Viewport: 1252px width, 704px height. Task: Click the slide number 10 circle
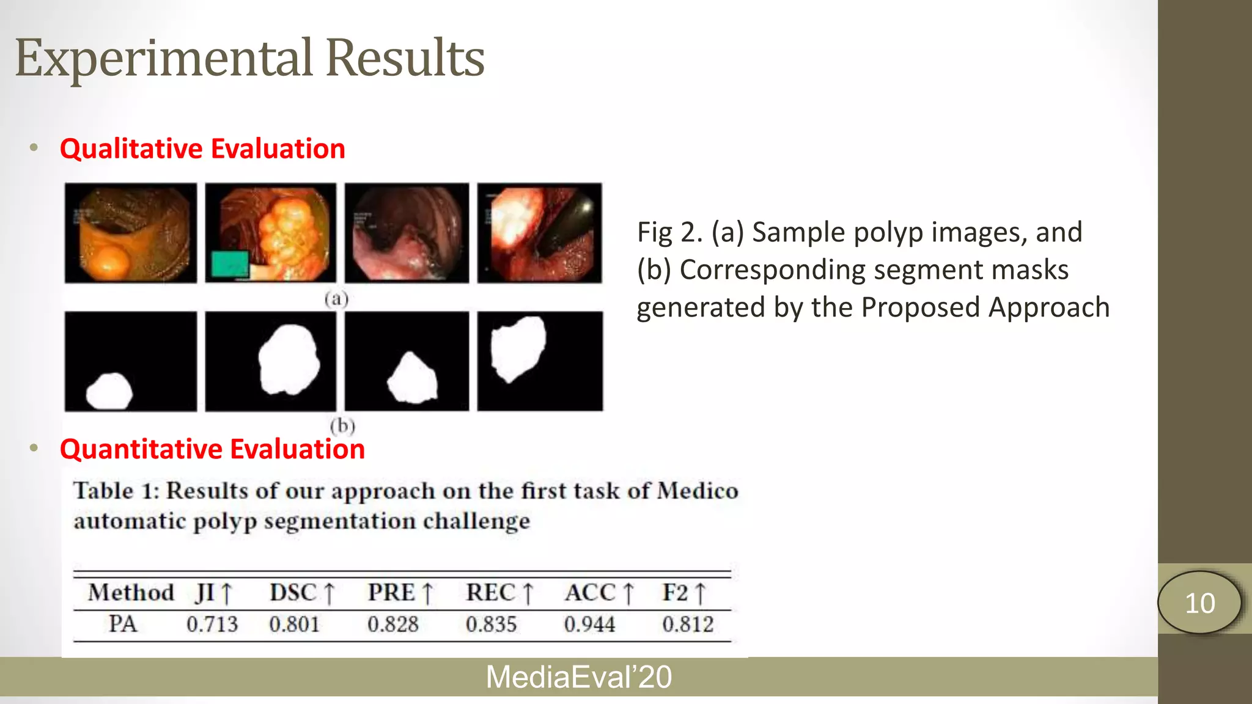1199,603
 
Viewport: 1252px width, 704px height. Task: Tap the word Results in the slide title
405,59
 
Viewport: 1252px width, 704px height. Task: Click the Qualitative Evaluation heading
202,148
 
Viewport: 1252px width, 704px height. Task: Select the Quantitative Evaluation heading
212,449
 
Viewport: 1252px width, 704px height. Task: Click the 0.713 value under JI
212,624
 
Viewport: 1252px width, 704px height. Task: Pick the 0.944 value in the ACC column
589,624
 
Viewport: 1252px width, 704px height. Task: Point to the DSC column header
302,593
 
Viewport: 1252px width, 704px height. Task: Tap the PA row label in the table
123,624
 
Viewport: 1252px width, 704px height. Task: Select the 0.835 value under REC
491,624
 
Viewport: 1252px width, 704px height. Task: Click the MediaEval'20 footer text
578,677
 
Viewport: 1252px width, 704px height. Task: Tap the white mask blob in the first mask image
109,391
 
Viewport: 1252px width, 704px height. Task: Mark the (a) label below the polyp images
336,299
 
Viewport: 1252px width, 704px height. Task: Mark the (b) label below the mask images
342,425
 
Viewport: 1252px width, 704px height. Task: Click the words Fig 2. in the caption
669,233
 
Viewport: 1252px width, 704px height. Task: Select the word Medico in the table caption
698,491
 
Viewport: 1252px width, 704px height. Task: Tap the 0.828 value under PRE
392,624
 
